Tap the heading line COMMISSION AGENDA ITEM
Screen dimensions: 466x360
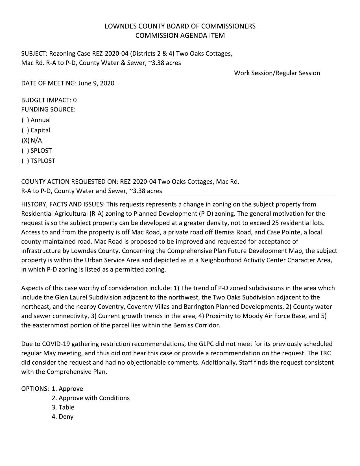(x=180, y=36)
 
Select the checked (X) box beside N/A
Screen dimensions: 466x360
(x=25, y=141)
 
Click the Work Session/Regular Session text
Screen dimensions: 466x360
(x=277, y=73)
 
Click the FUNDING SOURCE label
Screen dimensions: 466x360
(x=48, y=110)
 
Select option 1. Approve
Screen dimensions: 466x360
(x=67, y=389)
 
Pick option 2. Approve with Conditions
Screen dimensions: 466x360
(x=91, y=398)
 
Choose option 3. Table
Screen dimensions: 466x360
(x=63, y=407)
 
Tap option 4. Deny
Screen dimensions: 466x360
(x=62, y=417)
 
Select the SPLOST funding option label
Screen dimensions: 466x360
(x=41, y=151)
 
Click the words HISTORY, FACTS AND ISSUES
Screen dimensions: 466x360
(x=62, y=204)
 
